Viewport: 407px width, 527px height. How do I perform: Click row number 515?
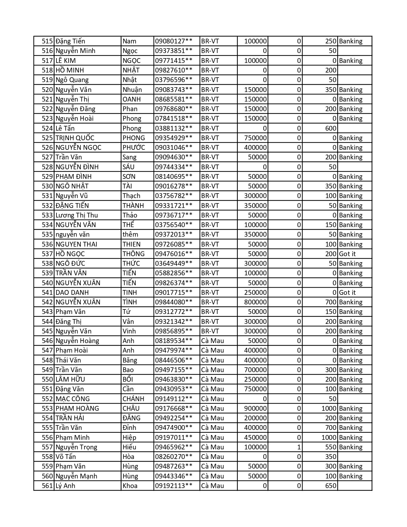pos(47,41)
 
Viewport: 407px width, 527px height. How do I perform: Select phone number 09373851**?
pos(174,51)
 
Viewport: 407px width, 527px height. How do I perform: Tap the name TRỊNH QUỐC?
pos(75,138)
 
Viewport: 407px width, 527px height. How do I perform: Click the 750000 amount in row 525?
pos(255,138)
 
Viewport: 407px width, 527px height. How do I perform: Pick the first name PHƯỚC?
pos(133,148)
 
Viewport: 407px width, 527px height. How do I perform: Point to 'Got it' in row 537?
pos(347,254)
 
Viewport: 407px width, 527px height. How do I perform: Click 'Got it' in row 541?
pos(347,293)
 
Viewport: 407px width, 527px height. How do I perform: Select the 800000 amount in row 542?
pos(255,302)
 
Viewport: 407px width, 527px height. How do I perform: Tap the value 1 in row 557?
pos(299,447)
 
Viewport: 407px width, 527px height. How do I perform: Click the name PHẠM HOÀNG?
pos(77,409)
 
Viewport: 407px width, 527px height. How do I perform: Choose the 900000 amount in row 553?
pos(255,409)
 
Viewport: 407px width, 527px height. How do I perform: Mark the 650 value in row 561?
pos(331,486)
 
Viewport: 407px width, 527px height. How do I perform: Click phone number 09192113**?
pos(174,486)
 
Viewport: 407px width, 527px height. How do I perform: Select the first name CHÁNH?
pos(133,399)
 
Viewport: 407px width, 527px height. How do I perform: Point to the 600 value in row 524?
pos(331,128)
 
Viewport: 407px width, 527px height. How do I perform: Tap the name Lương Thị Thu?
pos(77,215)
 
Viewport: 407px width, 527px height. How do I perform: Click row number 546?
pos(47,341)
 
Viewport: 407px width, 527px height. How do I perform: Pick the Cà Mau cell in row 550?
pos(213,379)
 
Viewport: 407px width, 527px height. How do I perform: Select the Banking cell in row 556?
pos(351,438)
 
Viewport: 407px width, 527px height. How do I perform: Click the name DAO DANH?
pos(72,293)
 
